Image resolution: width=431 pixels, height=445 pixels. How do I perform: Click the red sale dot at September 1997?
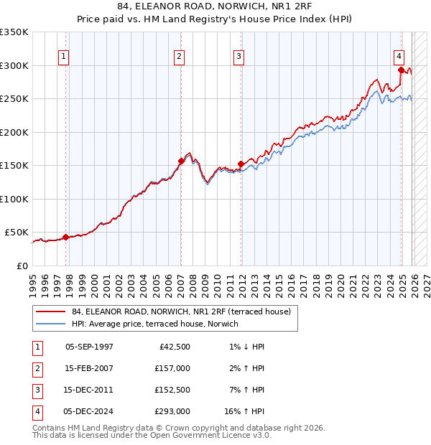click(65, 237)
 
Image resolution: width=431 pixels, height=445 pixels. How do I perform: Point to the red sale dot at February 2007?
click(181, 161)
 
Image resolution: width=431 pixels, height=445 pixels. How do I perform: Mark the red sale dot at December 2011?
click(241, 164)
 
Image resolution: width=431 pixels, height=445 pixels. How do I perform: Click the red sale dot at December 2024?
click(401, 70)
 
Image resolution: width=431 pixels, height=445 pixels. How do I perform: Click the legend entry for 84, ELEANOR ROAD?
click(181, 311)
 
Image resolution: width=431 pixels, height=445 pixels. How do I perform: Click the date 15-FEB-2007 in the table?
click(88, 368)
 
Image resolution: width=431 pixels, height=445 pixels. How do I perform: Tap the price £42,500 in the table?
click(175, 347)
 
